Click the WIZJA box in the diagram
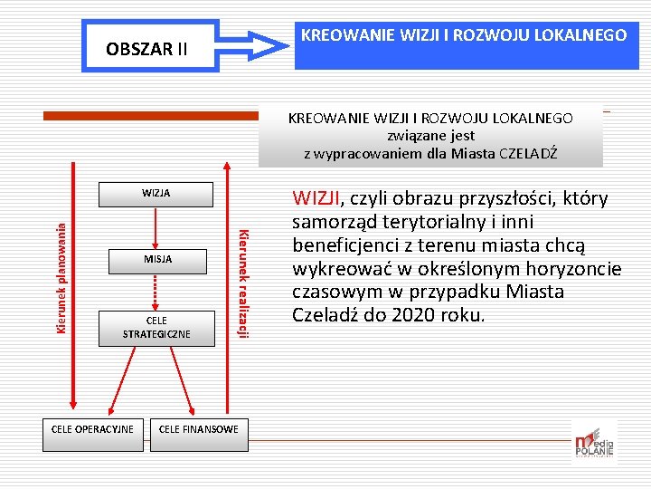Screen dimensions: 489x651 [156, 193]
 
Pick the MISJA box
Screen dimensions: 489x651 [156, 260]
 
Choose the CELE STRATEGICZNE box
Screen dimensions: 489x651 [156, 327]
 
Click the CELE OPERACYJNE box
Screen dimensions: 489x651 [92, 429]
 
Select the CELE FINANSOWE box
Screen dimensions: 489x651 [198, 429]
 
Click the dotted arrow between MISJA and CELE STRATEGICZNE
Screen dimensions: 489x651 [156, 292]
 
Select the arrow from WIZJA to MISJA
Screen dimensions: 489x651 [156, 226]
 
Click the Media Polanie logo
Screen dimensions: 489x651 [593, 443]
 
